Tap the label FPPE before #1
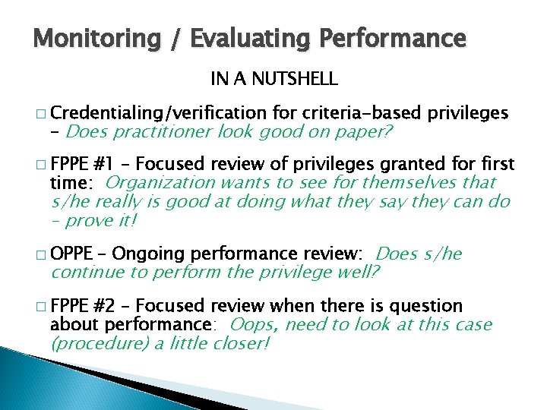click(71, 165)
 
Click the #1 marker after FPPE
click(103, 165)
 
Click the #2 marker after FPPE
click(103, 306)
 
